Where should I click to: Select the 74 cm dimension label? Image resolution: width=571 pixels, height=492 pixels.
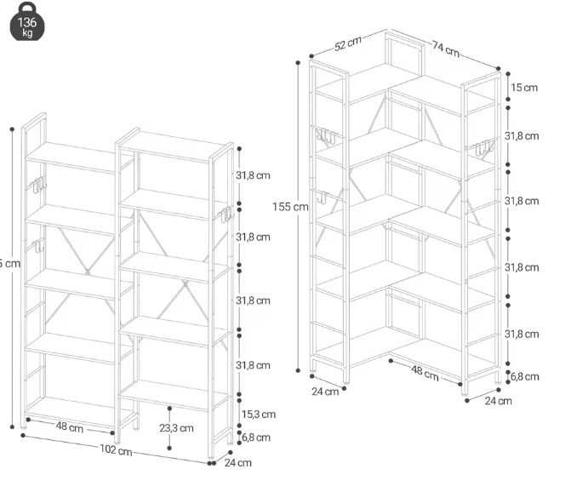444,49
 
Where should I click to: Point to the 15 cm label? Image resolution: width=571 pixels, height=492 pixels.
523,88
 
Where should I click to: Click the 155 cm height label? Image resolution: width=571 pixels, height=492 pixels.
291,207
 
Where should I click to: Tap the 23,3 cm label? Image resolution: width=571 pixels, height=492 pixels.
176,428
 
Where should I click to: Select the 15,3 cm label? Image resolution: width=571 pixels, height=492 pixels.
258,415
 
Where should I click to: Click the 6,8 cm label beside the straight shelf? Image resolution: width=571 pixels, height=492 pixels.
255,438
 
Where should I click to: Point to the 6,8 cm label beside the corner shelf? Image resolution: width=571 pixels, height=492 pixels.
524,375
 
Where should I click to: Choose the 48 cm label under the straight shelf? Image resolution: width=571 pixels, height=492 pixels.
69,426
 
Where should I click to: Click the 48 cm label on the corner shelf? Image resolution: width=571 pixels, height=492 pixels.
425,371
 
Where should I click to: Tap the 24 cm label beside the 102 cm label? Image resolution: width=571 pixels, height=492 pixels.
237,463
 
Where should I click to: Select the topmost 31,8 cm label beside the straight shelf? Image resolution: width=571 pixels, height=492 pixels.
253,175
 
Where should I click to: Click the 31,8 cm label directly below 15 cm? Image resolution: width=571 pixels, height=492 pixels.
521,136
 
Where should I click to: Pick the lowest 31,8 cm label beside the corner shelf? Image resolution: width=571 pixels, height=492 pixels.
521,334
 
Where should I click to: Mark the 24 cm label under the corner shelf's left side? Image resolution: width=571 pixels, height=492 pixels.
324,392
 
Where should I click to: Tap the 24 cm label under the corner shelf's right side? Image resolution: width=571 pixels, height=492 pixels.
498,400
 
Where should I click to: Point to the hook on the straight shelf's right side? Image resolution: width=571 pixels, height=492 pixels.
226,215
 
